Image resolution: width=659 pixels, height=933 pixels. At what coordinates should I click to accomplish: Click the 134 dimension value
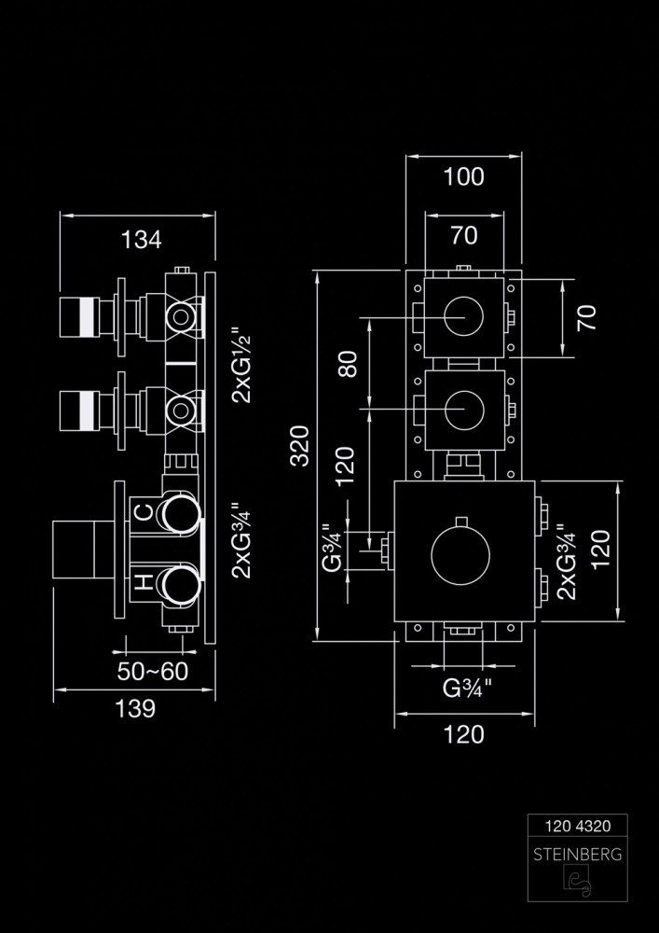coord(141,239)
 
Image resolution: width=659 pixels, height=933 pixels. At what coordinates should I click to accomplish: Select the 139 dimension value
coord(135,708)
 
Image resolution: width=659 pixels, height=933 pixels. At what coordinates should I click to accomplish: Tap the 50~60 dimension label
coord(153,672)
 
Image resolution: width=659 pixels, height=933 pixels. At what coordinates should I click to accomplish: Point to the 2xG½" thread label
coord(242,364)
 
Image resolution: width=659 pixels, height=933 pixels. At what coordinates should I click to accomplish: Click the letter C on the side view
coord(144,511)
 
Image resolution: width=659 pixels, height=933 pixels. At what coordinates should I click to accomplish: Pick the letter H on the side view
coord(144,583)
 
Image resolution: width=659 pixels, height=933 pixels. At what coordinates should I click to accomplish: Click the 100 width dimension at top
coord(464,175)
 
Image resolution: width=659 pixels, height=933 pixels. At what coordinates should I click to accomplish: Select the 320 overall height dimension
coord(299,446)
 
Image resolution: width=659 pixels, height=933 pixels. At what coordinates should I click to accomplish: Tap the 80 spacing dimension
coord(349,364)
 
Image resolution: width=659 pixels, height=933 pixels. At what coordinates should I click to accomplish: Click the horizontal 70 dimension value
coord(464,235)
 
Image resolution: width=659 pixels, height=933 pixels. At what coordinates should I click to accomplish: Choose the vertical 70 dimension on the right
coord(585,318)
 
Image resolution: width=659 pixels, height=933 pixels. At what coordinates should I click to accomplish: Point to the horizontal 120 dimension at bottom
coord(463,734)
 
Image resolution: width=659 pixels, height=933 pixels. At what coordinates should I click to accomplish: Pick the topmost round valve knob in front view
coord(463,319)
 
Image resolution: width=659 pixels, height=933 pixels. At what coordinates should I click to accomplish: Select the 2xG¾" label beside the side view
coord(242,540)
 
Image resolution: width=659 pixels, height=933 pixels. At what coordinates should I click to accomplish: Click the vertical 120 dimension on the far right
coord(599,550)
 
